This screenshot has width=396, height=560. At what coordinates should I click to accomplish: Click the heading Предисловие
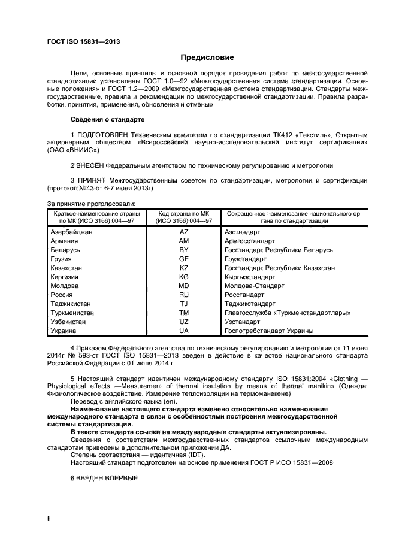207,57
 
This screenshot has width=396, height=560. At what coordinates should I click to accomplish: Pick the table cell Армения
65,241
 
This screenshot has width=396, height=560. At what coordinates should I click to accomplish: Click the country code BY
184,250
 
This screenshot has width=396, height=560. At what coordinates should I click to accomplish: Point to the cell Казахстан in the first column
69,268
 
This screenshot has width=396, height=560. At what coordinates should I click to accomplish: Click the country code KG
184,277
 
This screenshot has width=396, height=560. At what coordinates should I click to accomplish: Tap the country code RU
184,295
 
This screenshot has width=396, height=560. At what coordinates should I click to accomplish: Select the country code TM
184,313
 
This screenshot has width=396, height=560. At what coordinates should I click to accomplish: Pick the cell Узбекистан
69,322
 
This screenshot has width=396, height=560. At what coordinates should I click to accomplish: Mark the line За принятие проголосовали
90,204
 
